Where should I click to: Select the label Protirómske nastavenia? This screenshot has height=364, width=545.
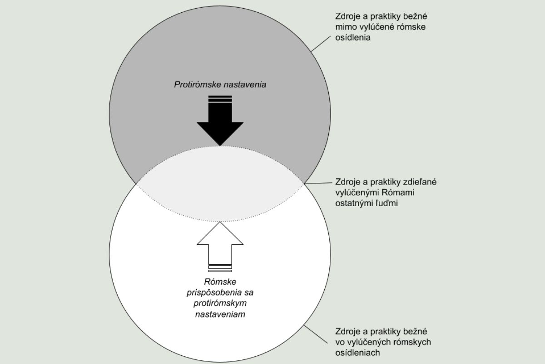click(x=220, y=85)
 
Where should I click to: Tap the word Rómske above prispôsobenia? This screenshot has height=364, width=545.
click(x=220, y=282)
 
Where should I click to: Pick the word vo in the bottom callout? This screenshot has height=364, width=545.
click(x=339, y=342)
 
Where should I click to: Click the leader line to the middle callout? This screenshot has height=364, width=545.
click(x=318, y=183)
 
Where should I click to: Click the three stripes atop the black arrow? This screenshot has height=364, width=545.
click(x=220, y=99)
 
